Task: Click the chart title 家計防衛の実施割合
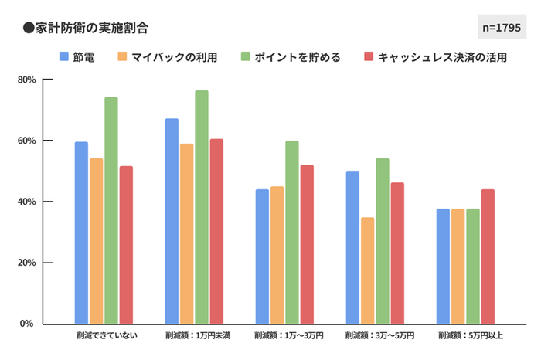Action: click(85, 28)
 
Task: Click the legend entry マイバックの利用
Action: click(168, 57)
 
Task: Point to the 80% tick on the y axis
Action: click(27, 80)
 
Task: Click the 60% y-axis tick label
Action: click(27, 141)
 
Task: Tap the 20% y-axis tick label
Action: click(27, 263)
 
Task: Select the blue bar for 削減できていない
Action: click(81, 233)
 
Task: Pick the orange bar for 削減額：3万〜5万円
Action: click(367, 270)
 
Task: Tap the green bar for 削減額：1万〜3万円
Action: click(291, 233)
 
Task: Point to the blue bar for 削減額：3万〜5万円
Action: click(352, 247)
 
